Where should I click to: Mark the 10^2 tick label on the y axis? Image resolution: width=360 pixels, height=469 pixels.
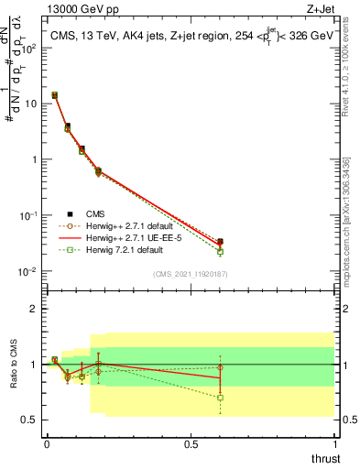click(28, 48)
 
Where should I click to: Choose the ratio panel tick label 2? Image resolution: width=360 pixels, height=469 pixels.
click(34, 309)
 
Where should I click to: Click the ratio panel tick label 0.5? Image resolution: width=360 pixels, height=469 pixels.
click(29, 420)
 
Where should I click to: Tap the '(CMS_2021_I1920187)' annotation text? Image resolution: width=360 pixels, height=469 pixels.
click(191, 273)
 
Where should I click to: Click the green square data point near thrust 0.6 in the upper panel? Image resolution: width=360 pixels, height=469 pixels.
click(220, 251)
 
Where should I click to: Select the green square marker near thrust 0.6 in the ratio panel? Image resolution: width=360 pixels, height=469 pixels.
click(220, 398)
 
